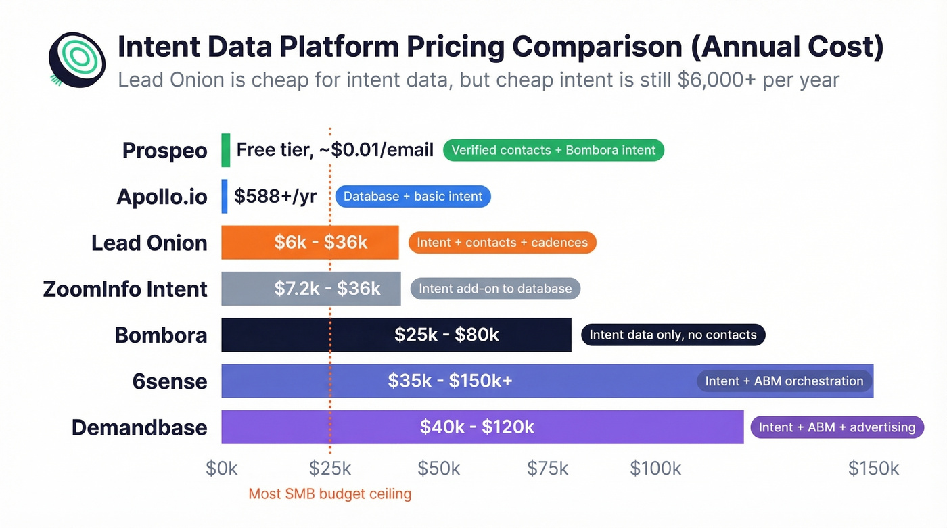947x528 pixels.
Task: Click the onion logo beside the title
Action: [x=77, y=59]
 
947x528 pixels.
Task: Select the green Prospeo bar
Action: [x=226, y=150]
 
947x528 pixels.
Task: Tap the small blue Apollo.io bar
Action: [x=225, y=196]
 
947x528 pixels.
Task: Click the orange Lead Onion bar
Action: [x=310, y=243]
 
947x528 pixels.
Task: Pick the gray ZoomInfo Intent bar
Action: [x=311, y=289]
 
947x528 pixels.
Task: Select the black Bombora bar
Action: [x=396, y=335]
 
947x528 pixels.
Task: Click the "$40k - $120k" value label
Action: [x=477, y=427]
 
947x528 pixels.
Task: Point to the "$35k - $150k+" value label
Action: [x=450, y=381]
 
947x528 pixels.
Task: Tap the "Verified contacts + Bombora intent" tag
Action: [x=553, y=150]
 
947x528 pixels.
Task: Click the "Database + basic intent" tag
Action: [x=413, y=197]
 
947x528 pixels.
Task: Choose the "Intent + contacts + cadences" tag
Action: [x=502, y=243]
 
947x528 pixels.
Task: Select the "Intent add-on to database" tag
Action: [x=495, y=289]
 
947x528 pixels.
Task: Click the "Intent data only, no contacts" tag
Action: [x=673, y=335]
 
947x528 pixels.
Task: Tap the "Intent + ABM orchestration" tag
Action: [x=784, y=381]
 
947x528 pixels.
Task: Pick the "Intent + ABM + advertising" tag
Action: [x=837, y=427]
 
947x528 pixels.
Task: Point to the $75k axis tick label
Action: [x=547, y=469]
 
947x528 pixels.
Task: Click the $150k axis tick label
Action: [x=873, y=469]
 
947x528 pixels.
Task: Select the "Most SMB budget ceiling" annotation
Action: [x=329, y=494]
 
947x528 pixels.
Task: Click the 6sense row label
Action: [x=170, y=381]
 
